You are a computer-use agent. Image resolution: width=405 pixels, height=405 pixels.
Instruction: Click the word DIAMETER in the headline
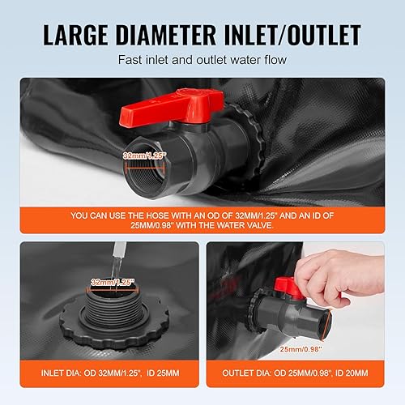tap(166, 35)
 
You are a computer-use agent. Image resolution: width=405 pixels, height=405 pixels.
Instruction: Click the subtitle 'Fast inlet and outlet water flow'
tap(202, 60)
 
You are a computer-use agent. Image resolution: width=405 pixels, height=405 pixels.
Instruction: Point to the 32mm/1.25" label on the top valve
tap(144, 156)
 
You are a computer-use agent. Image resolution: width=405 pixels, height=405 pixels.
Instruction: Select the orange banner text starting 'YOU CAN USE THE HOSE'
tap(202, 220)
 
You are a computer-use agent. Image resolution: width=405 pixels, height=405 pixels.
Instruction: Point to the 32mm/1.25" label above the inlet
tap(113, 283)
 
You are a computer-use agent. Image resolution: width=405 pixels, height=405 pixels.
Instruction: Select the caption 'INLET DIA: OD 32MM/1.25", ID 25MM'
tap(110, 373)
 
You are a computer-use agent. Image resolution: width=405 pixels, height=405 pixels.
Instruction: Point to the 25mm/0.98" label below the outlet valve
tap(301, 349)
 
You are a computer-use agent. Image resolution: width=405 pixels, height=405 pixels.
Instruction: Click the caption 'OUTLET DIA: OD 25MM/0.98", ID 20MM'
tap(295, 373)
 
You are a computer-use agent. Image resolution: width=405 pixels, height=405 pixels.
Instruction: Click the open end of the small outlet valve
tap(326, 326)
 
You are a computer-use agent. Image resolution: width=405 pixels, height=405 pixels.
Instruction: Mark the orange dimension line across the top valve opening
tap(145, 168)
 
